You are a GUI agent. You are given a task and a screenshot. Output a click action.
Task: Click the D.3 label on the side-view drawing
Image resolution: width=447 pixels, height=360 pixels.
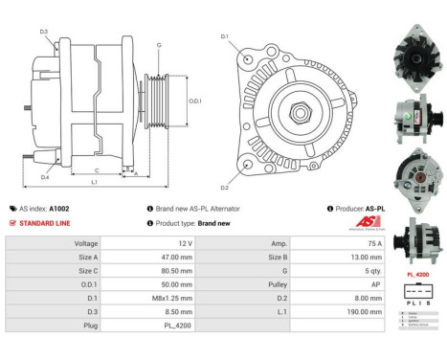(44, 32)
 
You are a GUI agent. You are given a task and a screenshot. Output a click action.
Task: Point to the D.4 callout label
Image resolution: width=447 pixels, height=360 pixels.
(44, 177)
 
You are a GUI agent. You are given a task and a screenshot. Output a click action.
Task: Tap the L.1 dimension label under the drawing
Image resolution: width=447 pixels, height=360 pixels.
(93, 182)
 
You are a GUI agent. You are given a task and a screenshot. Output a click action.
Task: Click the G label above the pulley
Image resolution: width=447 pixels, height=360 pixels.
(158, 45)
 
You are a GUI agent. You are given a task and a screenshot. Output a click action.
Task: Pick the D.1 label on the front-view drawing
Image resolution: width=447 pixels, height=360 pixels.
(225, 36)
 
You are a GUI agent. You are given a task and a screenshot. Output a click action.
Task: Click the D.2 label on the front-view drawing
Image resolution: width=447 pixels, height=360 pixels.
(225, 188)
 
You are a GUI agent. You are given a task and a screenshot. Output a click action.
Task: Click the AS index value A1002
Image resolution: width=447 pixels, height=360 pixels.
(59, 208)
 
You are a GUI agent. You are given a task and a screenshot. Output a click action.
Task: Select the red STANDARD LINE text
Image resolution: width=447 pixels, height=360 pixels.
(47, 223)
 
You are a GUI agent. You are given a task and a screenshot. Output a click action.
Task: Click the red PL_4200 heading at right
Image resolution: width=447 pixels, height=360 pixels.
(417, 274)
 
